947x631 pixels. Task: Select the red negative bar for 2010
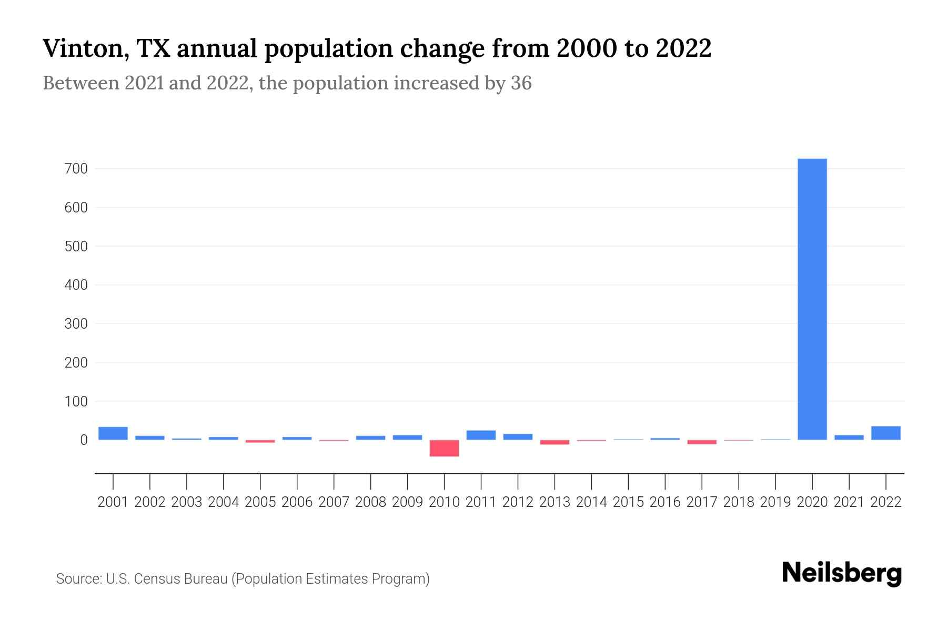coord(444,448)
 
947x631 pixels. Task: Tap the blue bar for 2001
coord(113,433)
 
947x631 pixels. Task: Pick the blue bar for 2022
coord(885,433)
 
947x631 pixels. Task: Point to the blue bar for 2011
coord(481,435)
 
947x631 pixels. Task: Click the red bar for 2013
coord(555,442)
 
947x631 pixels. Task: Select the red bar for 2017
coord(702,442)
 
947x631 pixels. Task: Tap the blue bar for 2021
coord(849,437)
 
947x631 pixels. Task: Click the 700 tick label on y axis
coord(76,169)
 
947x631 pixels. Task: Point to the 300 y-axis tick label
coord(76,324)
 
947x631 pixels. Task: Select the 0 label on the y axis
coord(83,440)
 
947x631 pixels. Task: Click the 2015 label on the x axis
coord(628,502)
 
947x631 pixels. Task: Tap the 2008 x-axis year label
coord(370,502)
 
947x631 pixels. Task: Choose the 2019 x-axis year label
coord(775,502)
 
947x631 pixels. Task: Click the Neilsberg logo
coord(842,573)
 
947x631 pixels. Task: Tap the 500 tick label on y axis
coord(76,246)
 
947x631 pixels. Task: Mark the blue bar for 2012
coord(518,436)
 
